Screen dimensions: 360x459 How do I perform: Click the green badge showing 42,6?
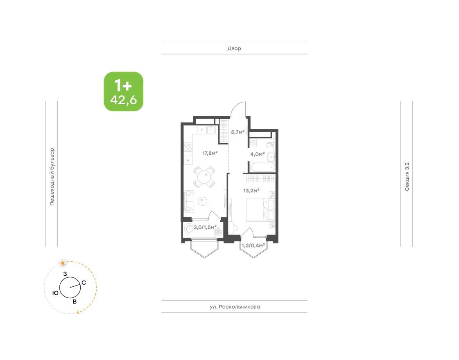coord(123,92)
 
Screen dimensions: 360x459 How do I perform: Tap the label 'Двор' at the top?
coord(234,48)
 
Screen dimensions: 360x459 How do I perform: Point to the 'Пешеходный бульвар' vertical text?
coord(52,176)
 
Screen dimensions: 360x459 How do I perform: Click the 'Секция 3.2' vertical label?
coord(407,177)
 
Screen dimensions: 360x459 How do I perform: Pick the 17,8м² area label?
coord(210,153)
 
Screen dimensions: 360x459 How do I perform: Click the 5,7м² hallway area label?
coord(238,132)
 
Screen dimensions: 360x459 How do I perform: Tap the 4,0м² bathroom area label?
coord(258,154)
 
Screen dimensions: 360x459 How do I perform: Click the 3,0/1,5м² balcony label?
coord(205,227)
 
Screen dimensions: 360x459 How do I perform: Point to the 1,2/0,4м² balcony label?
coord(253,245)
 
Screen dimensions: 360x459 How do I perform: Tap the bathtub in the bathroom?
coord(262,167)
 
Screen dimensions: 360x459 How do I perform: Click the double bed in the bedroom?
coord(260,210)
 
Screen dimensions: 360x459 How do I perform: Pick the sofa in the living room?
coord(190,201)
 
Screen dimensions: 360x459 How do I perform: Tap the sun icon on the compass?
coord(63,262)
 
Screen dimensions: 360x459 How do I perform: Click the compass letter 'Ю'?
coord(55,293)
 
